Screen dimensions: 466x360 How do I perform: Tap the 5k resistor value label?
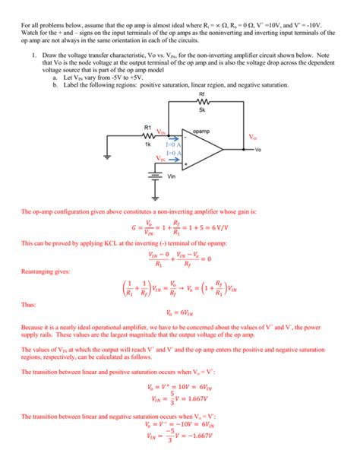[x=201, y=111]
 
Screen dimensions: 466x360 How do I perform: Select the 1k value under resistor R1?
[x=148, y=144]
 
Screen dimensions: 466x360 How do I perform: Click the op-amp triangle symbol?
[x=205, y=149]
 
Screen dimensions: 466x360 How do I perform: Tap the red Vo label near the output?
[x=253, y=138]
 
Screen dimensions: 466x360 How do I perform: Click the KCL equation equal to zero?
[x=180, y=259]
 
